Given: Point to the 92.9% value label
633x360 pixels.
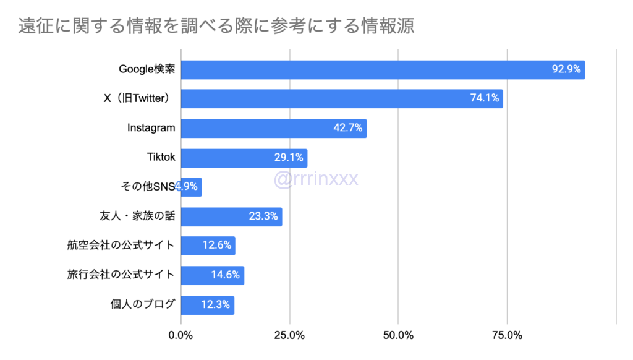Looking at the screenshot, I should click(x=566, y=70).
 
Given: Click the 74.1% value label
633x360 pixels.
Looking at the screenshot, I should click(x=485, y=99).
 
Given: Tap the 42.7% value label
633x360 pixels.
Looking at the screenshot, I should click(x=348, y=129).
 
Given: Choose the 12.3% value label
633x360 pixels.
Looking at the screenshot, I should click(x=216, y=304).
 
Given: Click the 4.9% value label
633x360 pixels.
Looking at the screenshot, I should click(x=187, y=187).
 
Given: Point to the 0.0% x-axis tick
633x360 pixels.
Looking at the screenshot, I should click(x=181, y=336).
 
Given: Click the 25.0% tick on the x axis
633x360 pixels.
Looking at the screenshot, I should click(x=289, y=336).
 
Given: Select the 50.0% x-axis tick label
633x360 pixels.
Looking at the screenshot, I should click(x=398, y=336).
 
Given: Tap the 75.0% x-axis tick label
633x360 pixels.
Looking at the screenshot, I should click(x=507, y=336).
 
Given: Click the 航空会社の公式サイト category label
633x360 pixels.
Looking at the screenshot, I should click(x=121, y=246).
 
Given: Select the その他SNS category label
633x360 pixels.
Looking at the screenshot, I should click(x=149, y=187).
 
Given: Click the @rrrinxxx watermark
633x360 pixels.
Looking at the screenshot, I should click(x=316, y=179).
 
